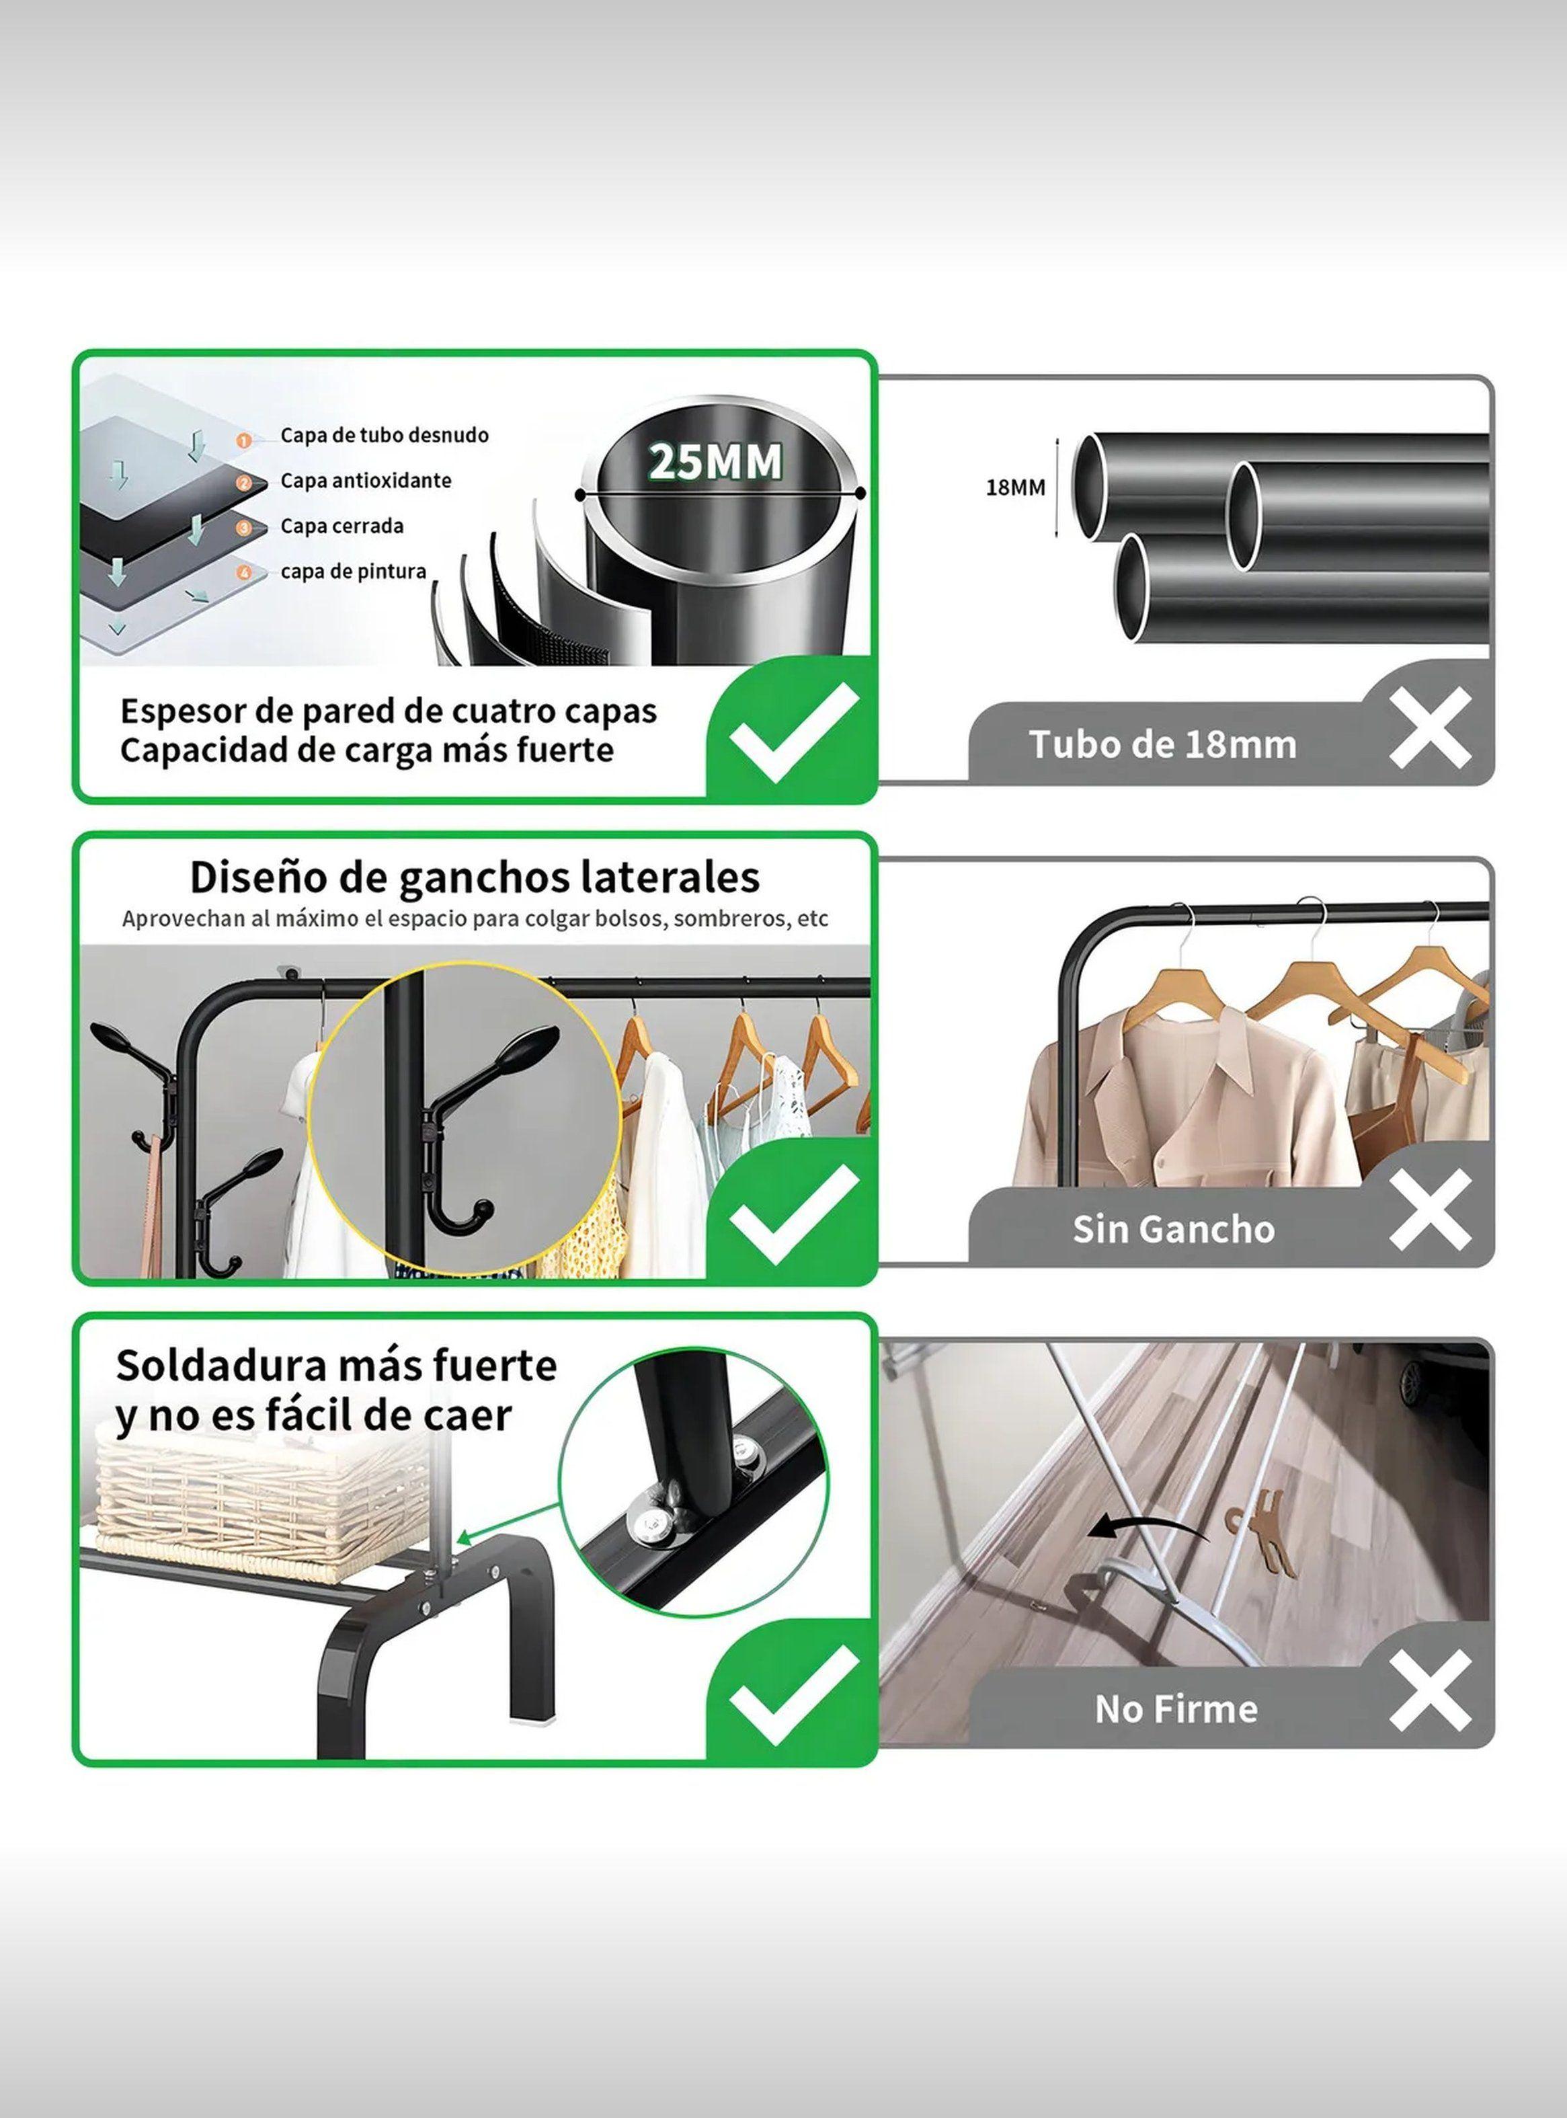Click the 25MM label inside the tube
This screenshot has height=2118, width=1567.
pos(716,462)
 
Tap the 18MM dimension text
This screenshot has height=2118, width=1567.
pos(1015,487)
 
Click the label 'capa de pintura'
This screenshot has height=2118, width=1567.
pos(353,572)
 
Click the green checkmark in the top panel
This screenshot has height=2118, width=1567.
pos(793,732)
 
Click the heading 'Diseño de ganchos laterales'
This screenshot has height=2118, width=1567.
pos(475,877)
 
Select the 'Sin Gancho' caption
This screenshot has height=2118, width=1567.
pos(1173,1229)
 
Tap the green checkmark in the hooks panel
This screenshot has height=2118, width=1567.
pos(793,1214)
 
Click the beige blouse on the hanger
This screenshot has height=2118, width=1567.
pos(1186,1100)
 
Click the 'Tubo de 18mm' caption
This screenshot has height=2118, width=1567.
pos(1162,744)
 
